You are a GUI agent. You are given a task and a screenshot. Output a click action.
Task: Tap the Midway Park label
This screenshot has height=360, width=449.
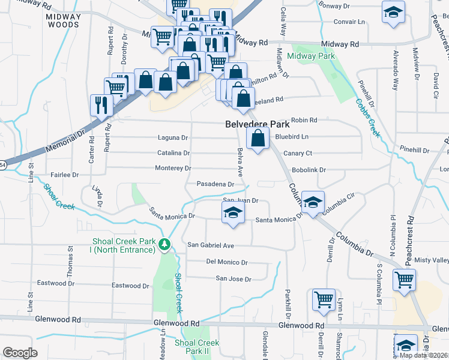(x=310, y=56)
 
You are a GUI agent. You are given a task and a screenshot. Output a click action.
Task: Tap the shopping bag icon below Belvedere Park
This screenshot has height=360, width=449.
(x=258, y=139)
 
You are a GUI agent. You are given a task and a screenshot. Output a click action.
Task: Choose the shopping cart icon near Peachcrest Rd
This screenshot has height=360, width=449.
(x=404, y=279)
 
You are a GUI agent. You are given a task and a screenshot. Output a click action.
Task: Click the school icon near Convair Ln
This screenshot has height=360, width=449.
(x=393, y=13)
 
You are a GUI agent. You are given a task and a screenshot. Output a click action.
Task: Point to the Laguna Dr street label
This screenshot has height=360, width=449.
(x=173, y=138)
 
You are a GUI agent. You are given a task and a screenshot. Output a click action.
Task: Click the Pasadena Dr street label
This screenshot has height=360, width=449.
(x=215, y=184)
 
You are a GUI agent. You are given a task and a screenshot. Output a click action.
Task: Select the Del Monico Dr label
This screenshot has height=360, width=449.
(x=227, y=262)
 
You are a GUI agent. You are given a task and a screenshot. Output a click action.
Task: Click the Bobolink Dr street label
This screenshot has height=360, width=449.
(x=309, y=170)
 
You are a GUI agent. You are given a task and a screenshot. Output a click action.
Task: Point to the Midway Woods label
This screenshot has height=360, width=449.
(x=63, y=20)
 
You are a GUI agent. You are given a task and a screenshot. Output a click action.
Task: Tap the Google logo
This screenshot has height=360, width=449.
(x=20, y=353)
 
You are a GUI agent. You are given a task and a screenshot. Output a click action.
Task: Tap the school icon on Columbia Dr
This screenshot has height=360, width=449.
(x=313, y=202)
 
